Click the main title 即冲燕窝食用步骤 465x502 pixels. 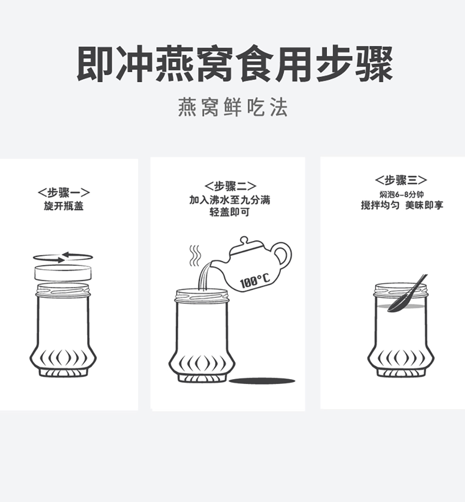[x=234, y=64]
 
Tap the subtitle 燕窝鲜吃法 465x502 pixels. [x=232, y=107]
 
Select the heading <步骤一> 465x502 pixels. [x=64, y=193]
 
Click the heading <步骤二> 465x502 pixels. [x=230, y=186]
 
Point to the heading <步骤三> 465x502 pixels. [x=401, y=180]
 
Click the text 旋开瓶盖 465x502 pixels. [x=64, y=206]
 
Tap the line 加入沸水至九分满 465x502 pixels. [x=230, y=200]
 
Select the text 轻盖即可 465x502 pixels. [x=229, y=212]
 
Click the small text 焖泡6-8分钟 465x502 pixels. [x=401, y=194]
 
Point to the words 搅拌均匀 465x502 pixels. [x=380, y=205]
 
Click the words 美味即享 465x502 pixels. [x=425, y=205]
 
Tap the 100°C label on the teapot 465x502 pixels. [x=255, y=281]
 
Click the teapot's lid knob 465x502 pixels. [x=244, y=240]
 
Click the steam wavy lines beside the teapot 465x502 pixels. [x=195, y=256]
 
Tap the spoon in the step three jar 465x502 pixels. [x=407, y=293]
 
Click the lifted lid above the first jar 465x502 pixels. [x=63, y=273]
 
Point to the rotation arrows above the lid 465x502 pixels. [x=63, y=257]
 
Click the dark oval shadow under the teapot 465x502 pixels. [x=262, y=381]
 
